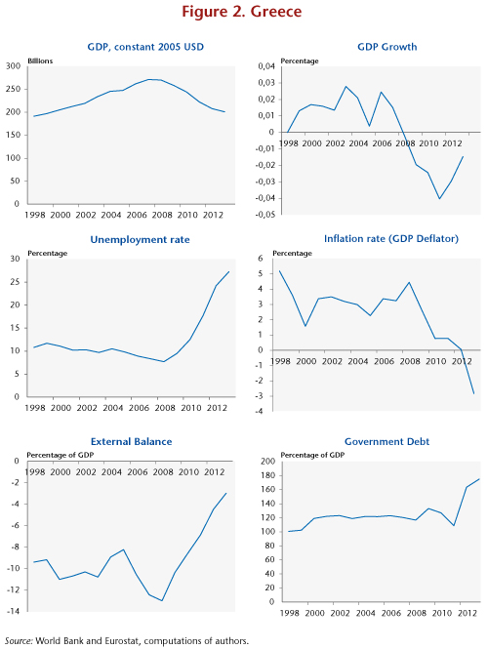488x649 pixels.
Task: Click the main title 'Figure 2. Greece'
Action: click(x=242, y=11)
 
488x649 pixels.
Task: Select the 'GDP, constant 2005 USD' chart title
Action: click(x=145, y=47)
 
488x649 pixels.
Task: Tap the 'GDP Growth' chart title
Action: click(x=387, y=47)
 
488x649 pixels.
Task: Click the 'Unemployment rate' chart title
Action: click(x=140, y=240)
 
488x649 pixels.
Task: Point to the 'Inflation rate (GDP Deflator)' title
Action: click(x=391, y=239)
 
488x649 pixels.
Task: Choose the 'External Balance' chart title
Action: click(x=131, y=442)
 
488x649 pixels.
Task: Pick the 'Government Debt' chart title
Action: click(x=387, y=442)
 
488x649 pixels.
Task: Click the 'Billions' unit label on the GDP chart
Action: click(x=40, y=61)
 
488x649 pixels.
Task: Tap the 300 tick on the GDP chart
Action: click(x=13, y=66)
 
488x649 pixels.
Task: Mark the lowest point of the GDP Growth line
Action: click(x=439, y=199)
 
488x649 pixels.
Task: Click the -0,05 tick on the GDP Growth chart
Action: click(x=265, y=215)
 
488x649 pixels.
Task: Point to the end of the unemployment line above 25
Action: click(x=229, y=271)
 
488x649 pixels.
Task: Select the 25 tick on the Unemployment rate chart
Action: click(x=15, y=282)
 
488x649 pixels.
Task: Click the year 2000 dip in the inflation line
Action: click(x=305, y=326)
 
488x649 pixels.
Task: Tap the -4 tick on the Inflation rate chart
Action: click(x=259, y=412)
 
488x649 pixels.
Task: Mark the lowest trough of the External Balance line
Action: click(x=162, y=600)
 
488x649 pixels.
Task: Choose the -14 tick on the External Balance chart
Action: click(x=13, y=611)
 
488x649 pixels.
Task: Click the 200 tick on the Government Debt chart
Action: click(x=268, y=462)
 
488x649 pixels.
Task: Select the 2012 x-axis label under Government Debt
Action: click(x=468, y=613)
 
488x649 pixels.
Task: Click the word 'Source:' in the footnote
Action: click(x=19, y=641)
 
